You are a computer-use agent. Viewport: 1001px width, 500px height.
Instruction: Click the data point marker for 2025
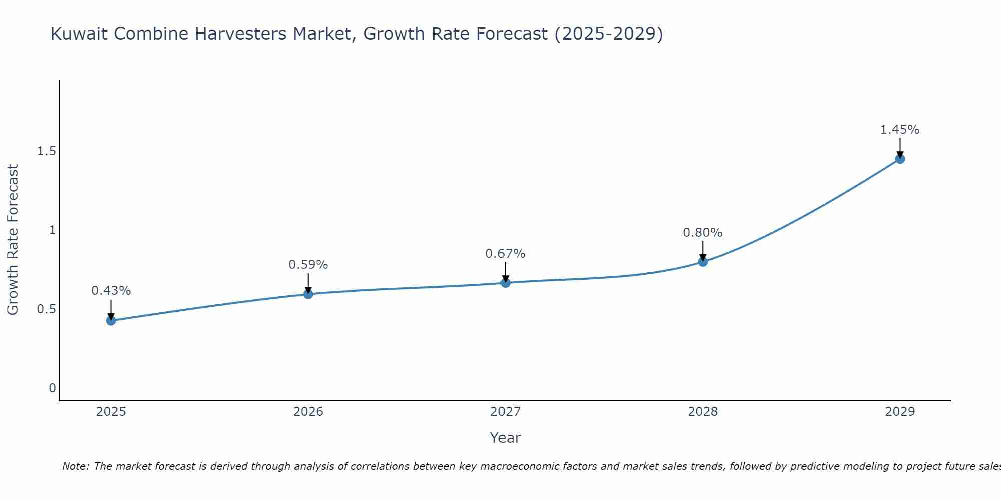111,320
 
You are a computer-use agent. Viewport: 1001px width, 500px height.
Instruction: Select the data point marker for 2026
308,294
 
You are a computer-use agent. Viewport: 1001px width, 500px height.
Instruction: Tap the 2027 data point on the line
506,283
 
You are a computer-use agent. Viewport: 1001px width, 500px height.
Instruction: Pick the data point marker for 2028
703,261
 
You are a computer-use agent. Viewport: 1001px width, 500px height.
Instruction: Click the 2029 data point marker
900,159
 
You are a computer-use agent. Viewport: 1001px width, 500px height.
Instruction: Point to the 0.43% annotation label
111,291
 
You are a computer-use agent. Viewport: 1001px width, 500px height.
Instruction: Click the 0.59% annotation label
308,265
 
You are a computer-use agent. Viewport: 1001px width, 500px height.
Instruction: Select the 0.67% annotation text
506,254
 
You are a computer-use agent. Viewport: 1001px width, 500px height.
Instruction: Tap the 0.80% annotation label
703,233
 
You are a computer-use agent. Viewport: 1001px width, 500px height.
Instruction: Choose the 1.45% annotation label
900,130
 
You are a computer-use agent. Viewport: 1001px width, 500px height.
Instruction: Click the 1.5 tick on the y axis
46,151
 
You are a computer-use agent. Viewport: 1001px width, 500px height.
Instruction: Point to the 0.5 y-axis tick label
46,309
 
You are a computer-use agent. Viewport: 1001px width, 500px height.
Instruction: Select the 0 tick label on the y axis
52,388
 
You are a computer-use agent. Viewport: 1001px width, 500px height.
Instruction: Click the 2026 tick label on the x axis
308,412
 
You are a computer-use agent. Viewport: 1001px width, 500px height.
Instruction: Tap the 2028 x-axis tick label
703,412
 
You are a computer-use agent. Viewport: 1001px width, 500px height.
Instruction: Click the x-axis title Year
506,438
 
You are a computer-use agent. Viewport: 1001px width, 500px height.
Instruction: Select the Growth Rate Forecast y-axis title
13,240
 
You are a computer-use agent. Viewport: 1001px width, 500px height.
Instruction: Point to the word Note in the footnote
75,466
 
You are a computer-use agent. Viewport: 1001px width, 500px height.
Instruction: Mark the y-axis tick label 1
52,230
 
